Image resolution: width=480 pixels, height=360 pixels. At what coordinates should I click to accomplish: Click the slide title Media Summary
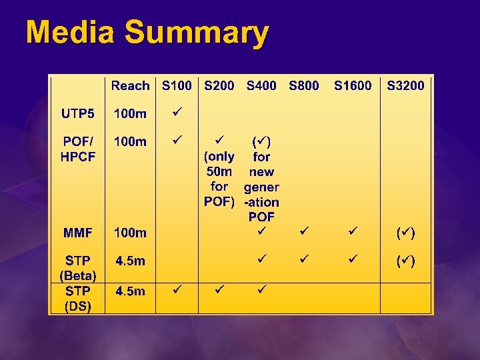(x=147, y=33)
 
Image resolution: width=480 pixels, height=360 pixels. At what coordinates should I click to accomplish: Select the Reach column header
(x=130, y=85)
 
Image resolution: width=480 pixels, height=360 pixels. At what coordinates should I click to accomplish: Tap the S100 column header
(x=177, y=85)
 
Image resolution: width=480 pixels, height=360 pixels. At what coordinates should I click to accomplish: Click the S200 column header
(x=219, y=85)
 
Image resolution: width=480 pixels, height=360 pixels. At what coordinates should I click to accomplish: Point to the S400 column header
(x=261, y=85)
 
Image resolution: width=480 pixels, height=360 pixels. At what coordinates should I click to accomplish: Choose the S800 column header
(x=304, y=85)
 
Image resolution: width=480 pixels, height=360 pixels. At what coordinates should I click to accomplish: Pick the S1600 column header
(x=353, y=85)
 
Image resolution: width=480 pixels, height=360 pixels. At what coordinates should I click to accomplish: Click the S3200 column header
(x=405, y=85)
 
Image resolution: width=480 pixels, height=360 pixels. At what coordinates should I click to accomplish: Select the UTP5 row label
(x=78, y=113)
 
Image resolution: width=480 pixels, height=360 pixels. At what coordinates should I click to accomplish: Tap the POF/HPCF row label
(x=78, y=149)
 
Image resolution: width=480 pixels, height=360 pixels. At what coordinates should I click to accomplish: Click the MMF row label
(x=78, y=233)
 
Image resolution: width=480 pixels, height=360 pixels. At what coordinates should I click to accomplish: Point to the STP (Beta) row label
(x=78, y=267)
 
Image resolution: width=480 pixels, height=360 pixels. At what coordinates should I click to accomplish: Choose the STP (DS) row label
(x=78, y=299)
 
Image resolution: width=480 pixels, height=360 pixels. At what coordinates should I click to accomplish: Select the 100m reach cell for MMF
(x=130, y=233)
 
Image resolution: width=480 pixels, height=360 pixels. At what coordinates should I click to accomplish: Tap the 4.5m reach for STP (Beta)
(x=130, y=261)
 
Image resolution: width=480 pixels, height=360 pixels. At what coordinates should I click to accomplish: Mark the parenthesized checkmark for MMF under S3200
(x=405, y=233)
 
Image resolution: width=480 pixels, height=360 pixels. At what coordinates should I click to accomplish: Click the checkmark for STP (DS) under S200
(x=219, y=289)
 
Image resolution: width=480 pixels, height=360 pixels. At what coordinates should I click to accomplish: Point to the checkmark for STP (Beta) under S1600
(x=353, y=257)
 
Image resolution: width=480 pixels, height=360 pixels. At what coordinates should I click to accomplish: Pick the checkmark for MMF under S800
(x=304, y=231)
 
